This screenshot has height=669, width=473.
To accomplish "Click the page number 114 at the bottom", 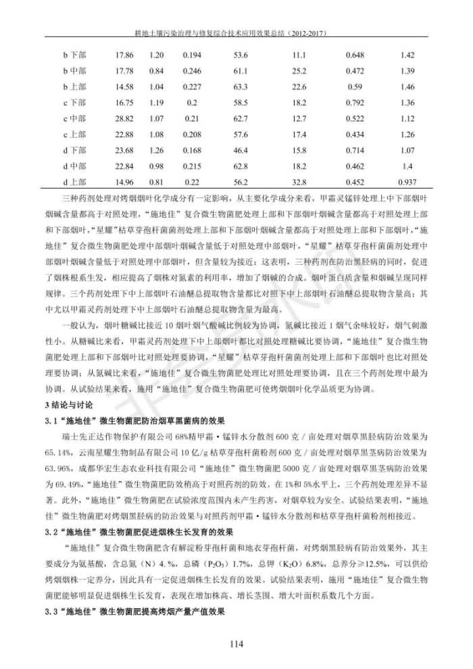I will (236, 643).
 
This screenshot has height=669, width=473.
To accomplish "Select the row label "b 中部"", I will (74, 70).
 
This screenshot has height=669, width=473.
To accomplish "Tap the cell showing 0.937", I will (407, 182).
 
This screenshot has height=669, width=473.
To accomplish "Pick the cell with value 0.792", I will (355, 103).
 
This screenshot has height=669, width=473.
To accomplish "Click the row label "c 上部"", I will (74, 134).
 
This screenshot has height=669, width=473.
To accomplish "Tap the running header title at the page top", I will (236, 32).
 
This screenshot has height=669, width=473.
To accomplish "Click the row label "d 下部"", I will (74, 150).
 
